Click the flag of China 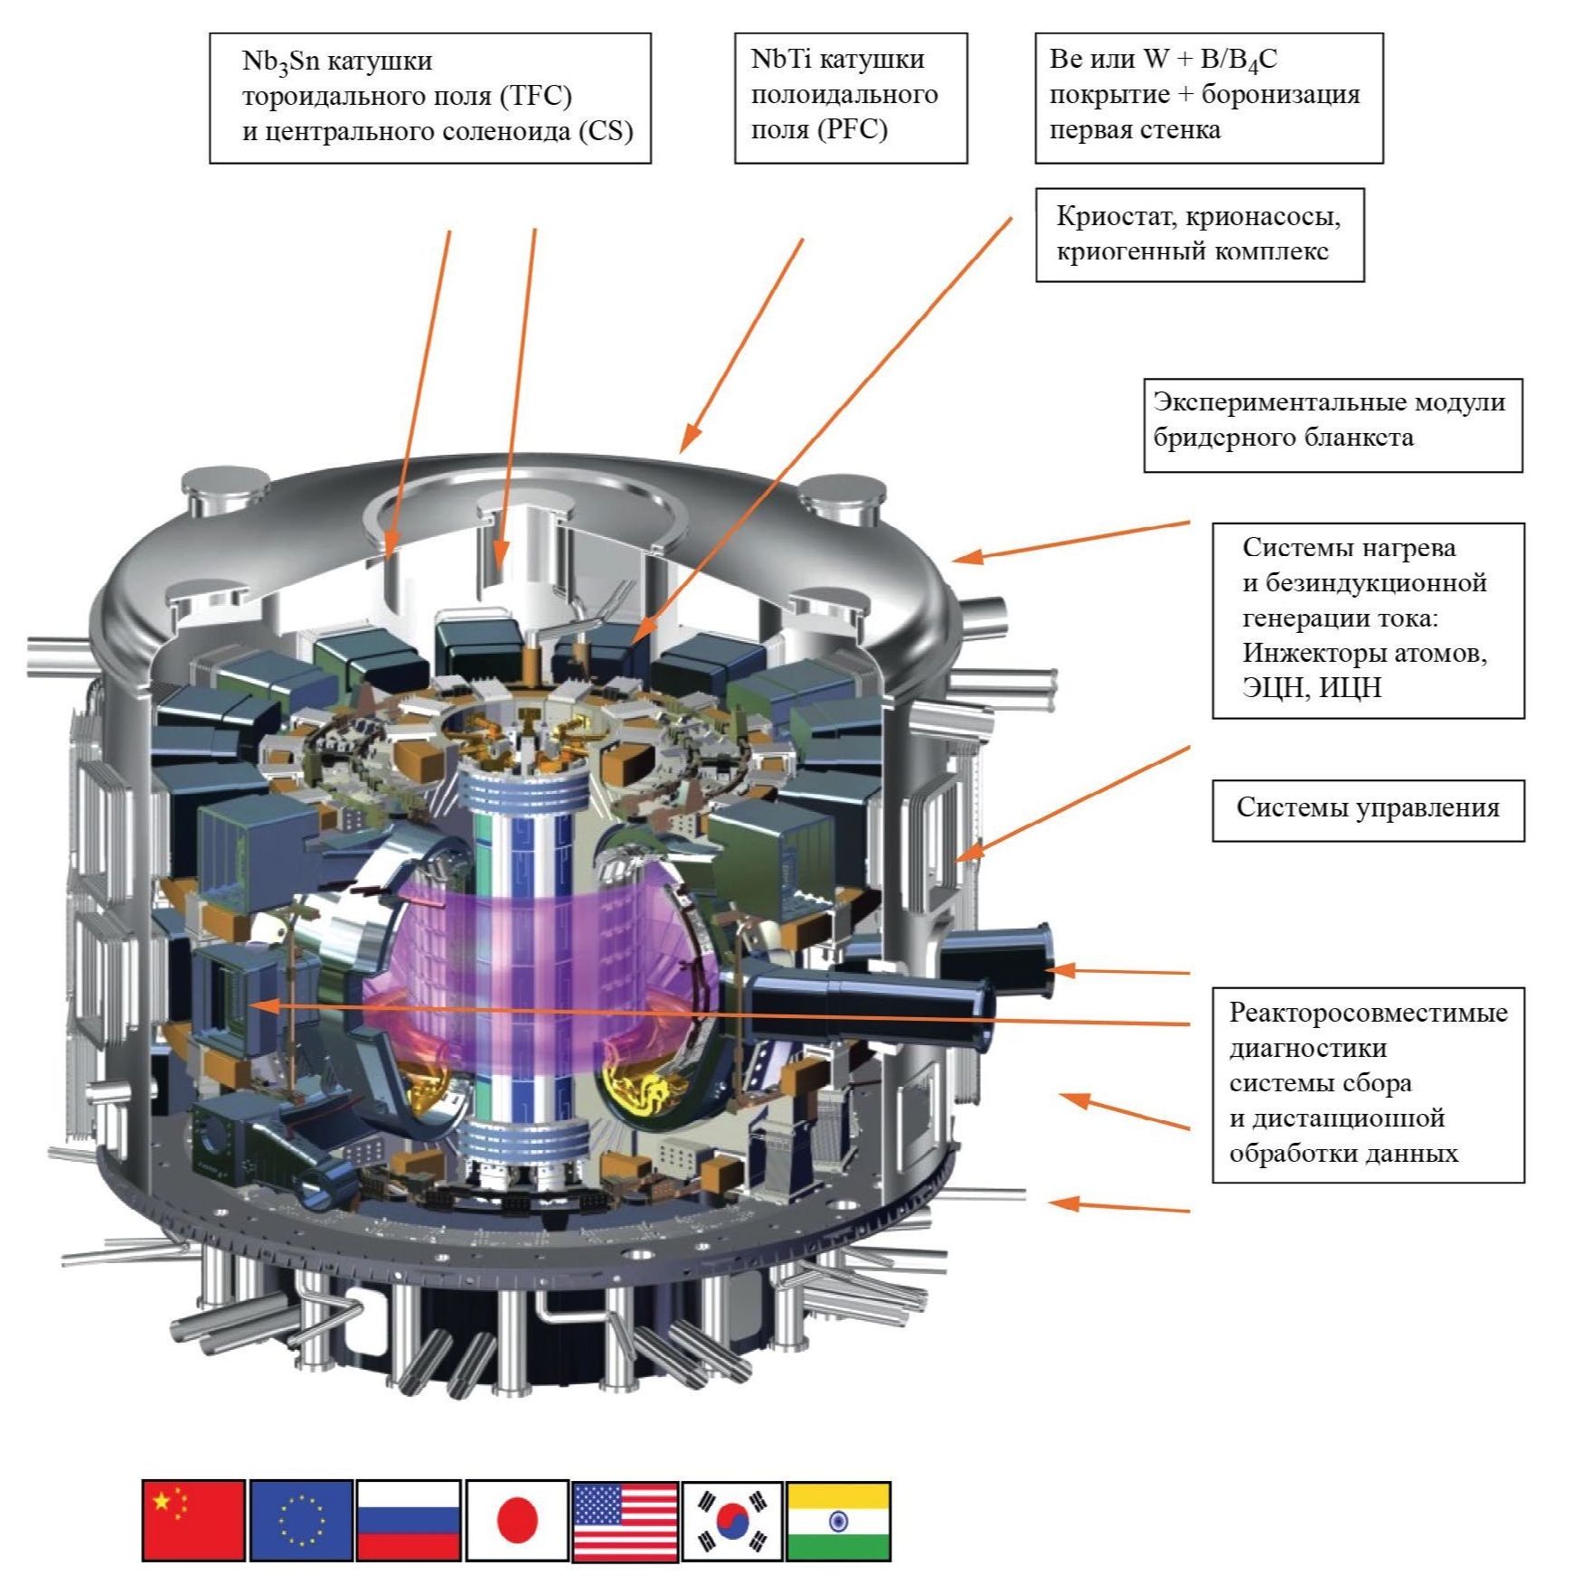[193, 1520]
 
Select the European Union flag [301, 1520]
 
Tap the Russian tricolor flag [409, 1520]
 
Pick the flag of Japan [517, 1520]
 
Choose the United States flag [625, 1520]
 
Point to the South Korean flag [732, 1520]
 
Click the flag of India [838, 1520]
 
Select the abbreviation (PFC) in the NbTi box [853, 129]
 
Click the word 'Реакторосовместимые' [1368, 1012]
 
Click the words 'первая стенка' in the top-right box [1135, 129]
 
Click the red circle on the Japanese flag [517, 1520]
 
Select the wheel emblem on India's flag [838, 1521]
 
